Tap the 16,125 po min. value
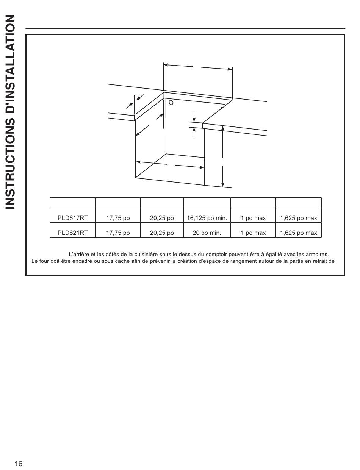point(207,218)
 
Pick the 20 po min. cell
point(207,233)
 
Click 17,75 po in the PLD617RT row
point(118,218)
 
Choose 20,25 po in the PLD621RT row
point(162,233)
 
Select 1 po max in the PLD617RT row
point(253,218)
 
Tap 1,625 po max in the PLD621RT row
point(299,233)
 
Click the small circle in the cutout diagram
point(171,102)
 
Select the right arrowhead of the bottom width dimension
point(202,167)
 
